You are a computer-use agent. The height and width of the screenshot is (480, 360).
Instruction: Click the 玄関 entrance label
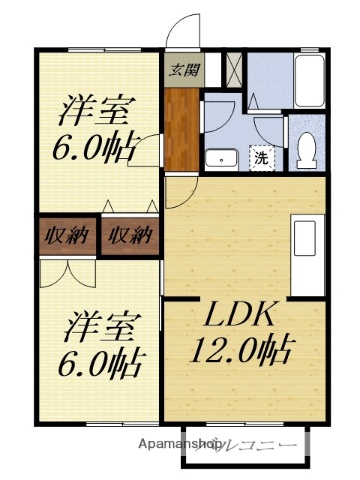point(180,70)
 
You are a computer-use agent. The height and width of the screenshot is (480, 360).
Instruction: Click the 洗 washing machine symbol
point(260,157)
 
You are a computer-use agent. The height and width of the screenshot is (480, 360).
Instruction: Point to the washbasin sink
point(219,158)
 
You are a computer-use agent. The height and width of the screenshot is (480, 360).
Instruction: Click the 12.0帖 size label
point(241,351)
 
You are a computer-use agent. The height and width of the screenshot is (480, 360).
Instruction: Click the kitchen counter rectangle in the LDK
point(303,240)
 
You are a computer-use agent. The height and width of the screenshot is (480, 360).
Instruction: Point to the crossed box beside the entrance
point(232,71)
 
